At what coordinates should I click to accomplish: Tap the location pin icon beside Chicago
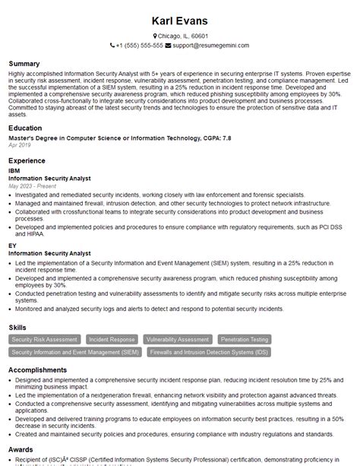click(154, 36)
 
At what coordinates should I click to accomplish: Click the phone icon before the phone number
click(112, 46)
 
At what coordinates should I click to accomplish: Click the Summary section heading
click(26, 62)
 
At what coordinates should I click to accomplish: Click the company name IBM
click(14, 171)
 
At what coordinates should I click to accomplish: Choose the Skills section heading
click(18, 327)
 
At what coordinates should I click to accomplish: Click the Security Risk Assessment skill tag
click(45, 340)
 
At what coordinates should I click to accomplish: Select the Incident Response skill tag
click(112, 340)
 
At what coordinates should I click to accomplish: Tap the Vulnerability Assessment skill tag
click(178, 340)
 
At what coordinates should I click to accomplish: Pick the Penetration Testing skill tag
click(244, 340)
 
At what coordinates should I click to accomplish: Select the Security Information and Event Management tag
click(75, 353)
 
